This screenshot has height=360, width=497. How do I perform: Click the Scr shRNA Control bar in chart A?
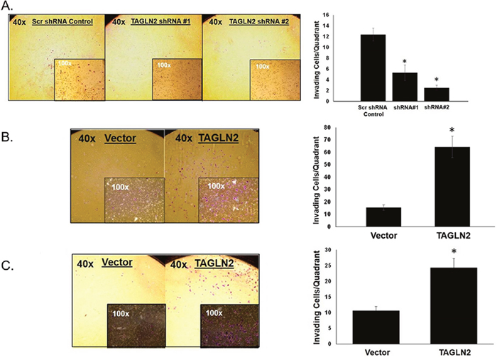pyautogui.click(x=373, y=68)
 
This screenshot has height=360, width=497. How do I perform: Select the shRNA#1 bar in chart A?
pyautogui.click(x=405, y=87)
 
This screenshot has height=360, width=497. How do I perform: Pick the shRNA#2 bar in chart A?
pyautogui.click(x=437, y=94)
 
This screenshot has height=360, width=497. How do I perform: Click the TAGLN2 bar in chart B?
pyautogui.click(x=452, y=187)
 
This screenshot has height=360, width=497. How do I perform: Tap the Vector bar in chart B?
pyautogui.click(x=383, y=217)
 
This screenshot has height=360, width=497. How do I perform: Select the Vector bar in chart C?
pyautogui.click(x=376, y=327)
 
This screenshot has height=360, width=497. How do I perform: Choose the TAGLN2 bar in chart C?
pyautogui.click(x=454, y=305)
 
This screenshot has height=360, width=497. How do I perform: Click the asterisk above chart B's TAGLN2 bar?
pyautogui.click(x=452, y=130)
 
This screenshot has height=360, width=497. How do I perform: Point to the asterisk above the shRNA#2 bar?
pyautogui.click(x=437, y=80)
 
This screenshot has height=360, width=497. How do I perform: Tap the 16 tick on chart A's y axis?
pyautogui.click(x=327, y=15)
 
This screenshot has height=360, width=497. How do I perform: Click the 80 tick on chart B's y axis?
pyautogui.click(x=327, y=127)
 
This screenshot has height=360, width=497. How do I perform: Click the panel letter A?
pyautogui.click(x=6, y=6)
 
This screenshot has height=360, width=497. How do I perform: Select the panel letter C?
pyautogui.click(x=7, y=266)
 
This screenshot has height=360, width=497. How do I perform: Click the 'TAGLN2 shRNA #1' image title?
pyautogui.click(x=160, y=21)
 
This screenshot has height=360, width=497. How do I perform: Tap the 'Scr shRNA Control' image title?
pyautogui.click(x=62, y=22)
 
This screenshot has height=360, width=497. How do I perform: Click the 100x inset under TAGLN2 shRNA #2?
pyautogui.click(x=275, y=80)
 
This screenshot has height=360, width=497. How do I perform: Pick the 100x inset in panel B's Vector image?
pyautogui.click(x=134, y=200)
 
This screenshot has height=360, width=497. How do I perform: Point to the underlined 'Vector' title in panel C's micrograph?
pyautogui.click(x=117, y=263)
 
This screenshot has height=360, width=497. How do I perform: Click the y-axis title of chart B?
pyautogui.click(x=317, y=180)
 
